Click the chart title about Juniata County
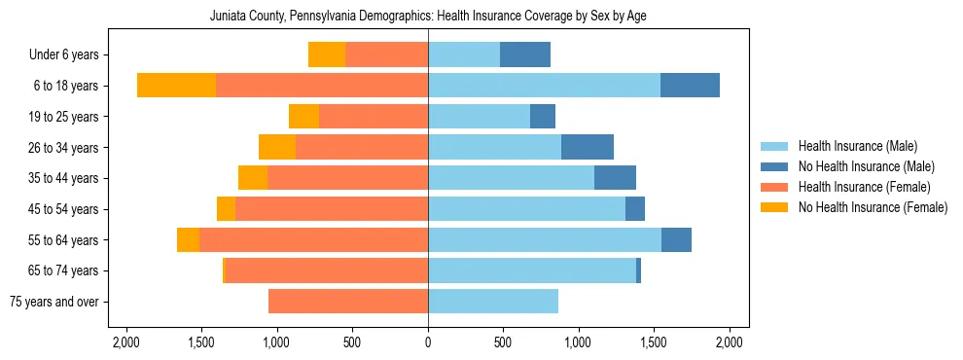(428, 17)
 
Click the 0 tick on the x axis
(428, 342)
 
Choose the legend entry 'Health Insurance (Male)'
(857, 147)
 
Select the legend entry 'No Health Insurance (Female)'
(873, 207)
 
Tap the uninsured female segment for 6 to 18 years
(176, 86)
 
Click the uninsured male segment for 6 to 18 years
(690, 86)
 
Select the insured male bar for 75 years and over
(493, 302)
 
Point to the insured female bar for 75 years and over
(348, 302)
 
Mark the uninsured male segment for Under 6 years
(525, 55)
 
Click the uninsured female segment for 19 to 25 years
(303, 117)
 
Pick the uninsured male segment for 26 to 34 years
(588, 148)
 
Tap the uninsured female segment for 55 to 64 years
(188, 240)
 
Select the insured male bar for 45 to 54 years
(526, 209)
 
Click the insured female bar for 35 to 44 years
(347, 179)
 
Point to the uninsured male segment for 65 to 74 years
(638, 270)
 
